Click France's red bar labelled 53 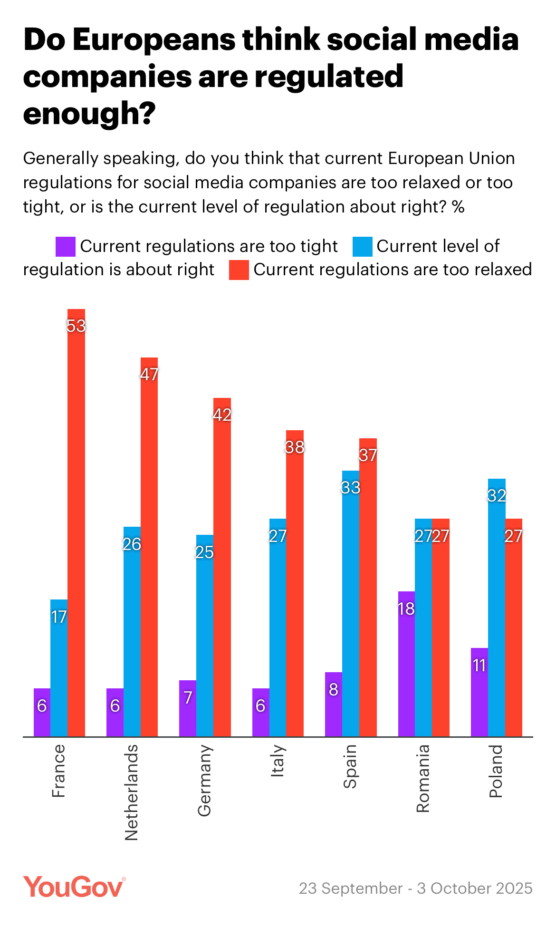(x=76, y=523)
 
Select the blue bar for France (x=59, y=668)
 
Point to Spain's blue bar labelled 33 (x=351, y=604)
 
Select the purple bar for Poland (x=479, y=692)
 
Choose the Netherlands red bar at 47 (x=149, y=547)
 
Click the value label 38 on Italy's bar (x=295, y=447)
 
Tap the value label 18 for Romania (x=406, y=608)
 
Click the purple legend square (x=66, y=246)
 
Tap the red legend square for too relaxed (x=239, y=270)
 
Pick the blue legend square (x=362, y=246)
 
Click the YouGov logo (x=74, y=887)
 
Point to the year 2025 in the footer (x=512, y=888)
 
